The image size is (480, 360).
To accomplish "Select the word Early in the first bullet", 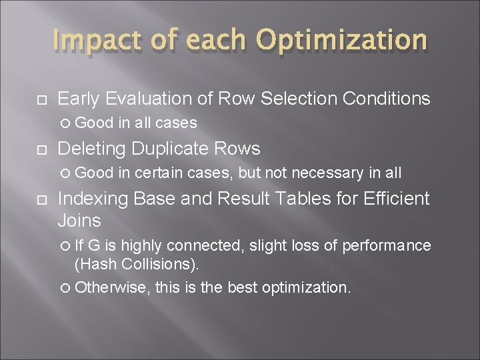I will click(x=79, y=99).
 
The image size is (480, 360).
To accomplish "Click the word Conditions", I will click(x=387, y=99).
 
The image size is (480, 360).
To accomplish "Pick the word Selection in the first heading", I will click(x=299, y=99).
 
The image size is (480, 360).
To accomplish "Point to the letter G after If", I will click(x=94, y=245).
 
